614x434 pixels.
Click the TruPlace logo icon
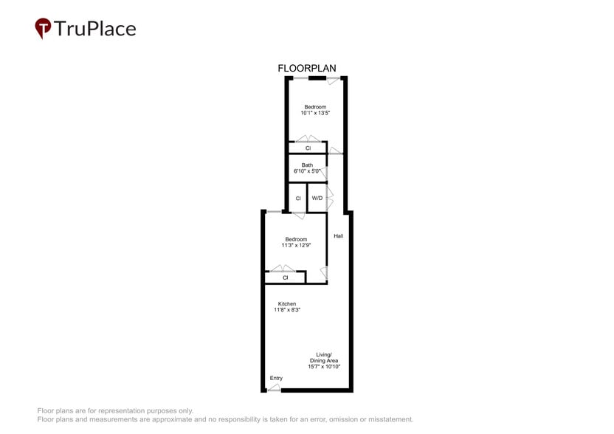click(44, 28)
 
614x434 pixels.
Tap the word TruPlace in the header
click(96, 29)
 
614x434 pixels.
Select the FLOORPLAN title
click(306, 69)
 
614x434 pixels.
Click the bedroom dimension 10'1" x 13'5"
click(314, 114)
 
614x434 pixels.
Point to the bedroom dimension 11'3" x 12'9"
click(296, 246)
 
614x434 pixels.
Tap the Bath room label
click(307, 165)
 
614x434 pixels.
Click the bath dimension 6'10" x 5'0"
click(307, 171)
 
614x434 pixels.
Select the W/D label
click(317, 199)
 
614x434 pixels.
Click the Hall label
click(338, 236)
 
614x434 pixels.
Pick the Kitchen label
click(286, 304)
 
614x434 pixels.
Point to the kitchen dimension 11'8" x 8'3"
click(286, 311)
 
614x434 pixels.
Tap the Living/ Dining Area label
click(324, 357)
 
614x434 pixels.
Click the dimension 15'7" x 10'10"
click(324, 367)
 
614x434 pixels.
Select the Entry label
click(276, 379)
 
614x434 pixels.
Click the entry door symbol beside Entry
click(273, 387)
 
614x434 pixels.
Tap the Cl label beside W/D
click(298, 199)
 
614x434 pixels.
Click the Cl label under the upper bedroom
click(308, 148)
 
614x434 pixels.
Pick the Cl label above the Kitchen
click(285, 278)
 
